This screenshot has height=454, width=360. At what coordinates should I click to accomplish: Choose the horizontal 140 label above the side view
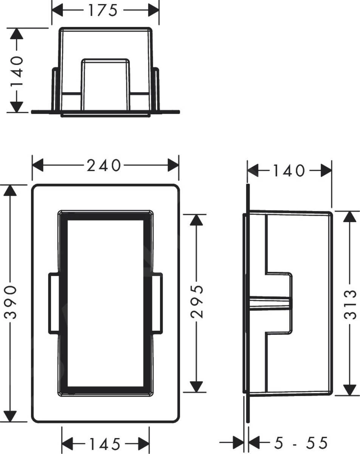290,171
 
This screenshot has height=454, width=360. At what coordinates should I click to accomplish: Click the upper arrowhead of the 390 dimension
10,190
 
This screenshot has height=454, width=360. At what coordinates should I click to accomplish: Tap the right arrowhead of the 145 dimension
143,443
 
